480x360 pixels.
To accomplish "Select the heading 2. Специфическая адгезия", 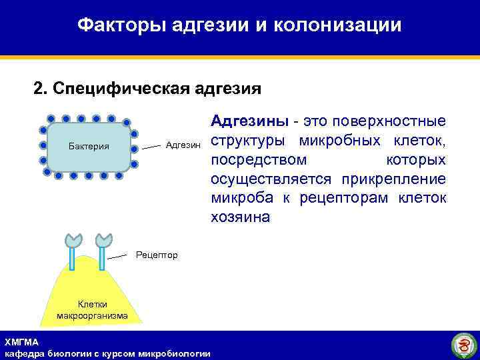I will coord(147,89).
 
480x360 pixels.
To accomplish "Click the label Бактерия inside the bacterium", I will coord(89,147).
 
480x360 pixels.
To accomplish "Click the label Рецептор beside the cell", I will coord(157,255).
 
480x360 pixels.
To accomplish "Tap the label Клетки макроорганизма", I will coord(92,310).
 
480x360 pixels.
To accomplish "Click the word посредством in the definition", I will coord(259,160).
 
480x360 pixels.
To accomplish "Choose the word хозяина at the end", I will coord(241,218).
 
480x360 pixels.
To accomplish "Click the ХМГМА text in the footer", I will coord(22,342).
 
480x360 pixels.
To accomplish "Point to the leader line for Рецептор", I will coord(120,256).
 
